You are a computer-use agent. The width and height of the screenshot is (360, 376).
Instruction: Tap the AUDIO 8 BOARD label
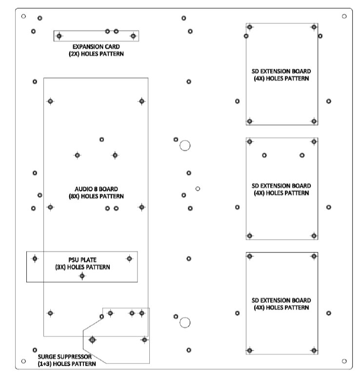click(x=96, y=192)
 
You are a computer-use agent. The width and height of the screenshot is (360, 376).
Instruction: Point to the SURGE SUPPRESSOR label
click(x=66, y=360)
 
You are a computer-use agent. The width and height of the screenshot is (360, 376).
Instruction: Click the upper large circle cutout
click(x=185, y=146)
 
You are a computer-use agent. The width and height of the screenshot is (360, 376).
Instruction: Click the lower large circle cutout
click(x=185, y=322)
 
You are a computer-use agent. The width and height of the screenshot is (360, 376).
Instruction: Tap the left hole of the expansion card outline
click(x=59, y=36)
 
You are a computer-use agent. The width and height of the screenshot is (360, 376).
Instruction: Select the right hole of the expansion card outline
click(x=133, y=36)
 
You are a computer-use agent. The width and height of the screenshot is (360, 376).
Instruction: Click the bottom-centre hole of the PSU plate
click(x=82, y=276)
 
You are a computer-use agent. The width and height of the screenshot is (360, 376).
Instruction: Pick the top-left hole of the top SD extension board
click(x=250, y=27)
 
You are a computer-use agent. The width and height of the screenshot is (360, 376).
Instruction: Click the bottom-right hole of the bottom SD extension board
click(x=314, y=351)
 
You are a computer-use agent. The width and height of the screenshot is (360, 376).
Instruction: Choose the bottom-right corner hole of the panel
click(x=344, y=361)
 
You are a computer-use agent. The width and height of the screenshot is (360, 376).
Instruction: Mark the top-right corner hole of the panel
click(x=344, y=17)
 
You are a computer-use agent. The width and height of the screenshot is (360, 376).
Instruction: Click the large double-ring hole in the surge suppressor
click(x=92, y=339)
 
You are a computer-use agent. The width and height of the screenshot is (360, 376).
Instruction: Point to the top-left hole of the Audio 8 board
click(x=50, y=101)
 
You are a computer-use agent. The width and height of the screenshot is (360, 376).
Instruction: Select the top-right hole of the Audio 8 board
click(x=141, y=101)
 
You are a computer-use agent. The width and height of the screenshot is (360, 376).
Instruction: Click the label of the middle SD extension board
click(x=280, y=189)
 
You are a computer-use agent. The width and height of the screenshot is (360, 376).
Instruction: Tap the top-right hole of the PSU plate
click(x=129, y=259)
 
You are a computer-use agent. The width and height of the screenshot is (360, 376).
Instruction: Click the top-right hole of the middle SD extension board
click(x=314, y=142)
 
